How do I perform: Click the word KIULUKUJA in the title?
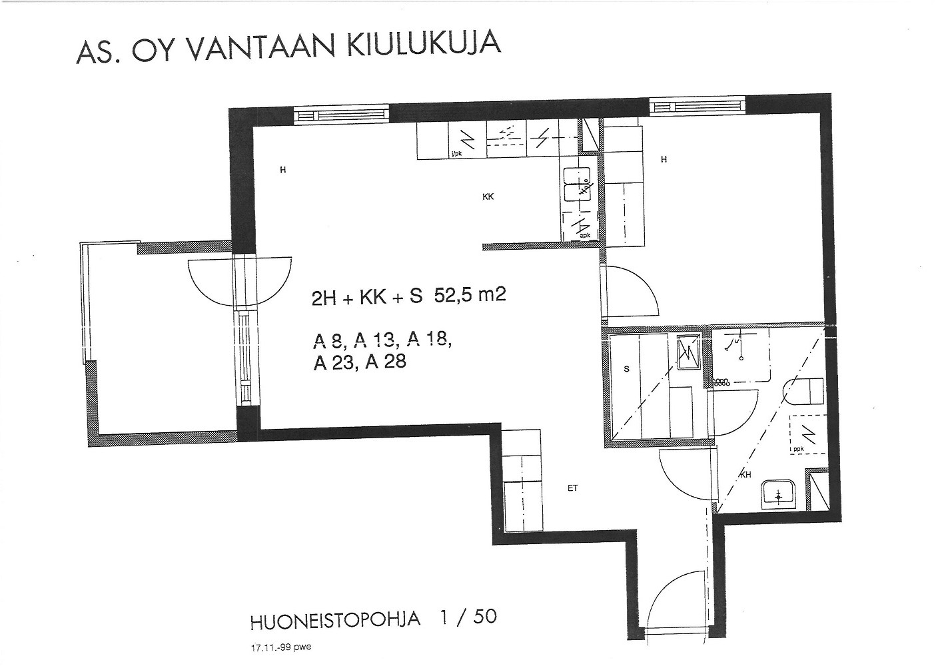tap(423, 45)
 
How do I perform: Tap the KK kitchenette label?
tap(488, 196)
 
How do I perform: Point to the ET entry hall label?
tap(572, 488)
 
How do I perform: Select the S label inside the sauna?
tap(626, 368)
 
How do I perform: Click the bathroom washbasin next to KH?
tap(779, 495)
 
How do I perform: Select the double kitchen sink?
tap(577, 184)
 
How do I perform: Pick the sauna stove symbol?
tap(687, 352)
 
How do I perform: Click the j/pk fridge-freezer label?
tap(456, 155)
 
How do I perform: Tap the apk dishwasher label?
tap(584, 235)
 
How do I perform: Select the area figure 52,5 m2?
tap(470, 294)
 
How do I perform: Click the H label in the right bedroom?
tap(664, 159)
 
